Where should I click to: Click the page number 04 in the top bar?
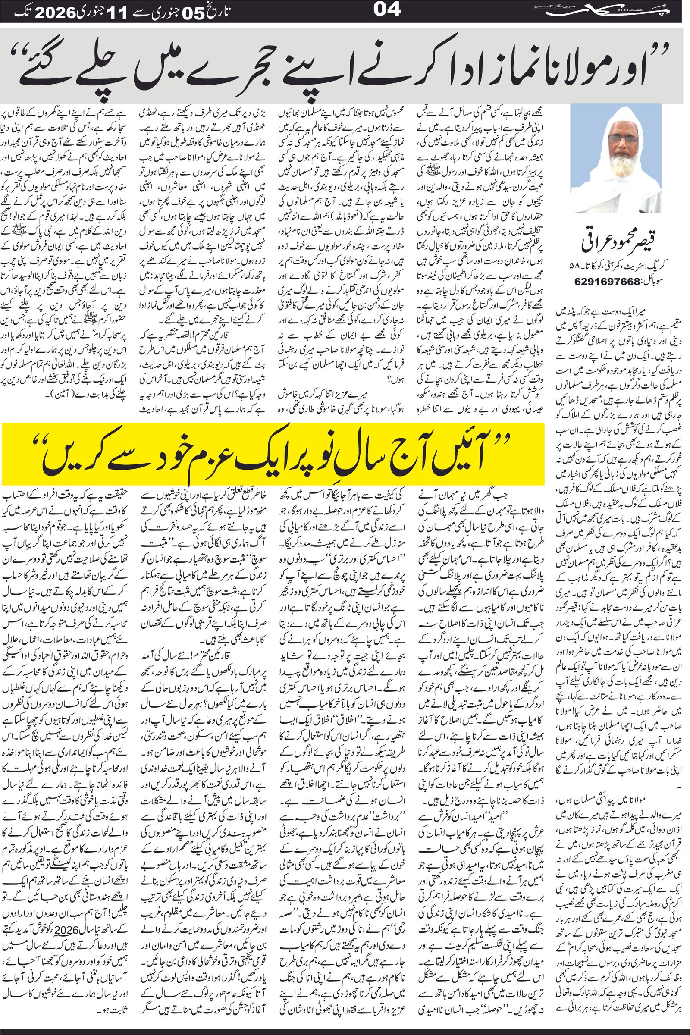[x=387, y=9]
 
